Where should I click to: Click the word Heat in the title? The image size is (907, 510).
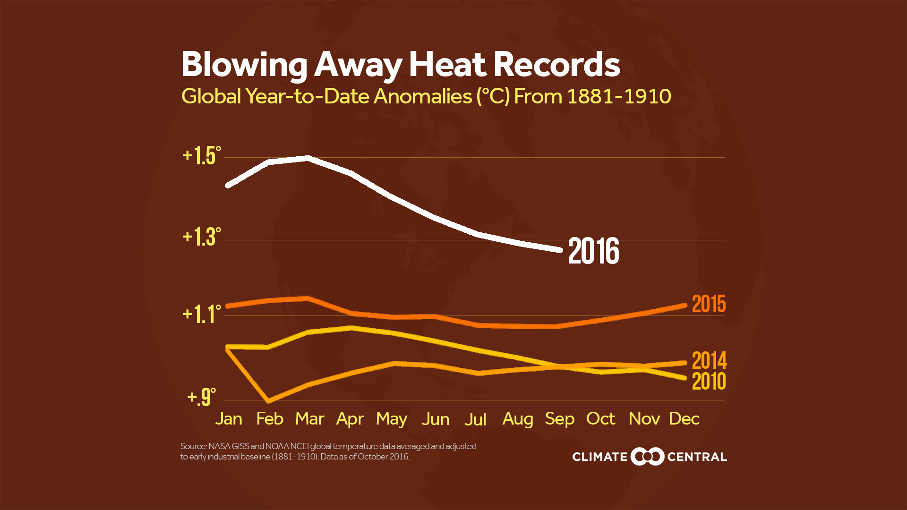pos(447,65)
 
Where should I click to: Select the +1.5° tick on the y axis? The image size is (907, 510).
pos(202,156)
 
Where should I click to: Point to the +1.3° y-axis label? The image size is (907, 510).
pos(202,237)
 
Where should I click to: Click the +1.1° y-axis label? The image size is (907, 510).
pos(202,314)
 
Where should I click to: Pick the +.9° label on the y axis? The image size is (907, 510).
pos(202,397)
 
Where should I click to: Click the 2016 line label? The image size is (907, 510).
pos(593,251)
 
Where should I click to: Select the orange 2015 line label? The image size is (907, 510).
pos(709,304)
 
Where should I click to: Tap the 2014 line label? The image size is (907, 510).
pos(709,361)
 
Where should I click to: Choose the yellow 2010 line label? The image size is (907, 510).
pos(709,382)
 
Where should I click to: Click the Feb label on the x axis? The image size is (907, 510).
pos(269,419)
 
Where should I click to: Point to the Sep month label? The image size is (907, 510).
pos(559,419)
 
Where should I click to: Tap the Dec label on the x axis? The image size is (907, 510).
pos(684,419)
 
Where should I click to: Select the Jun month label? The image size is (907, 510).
pos(435,419)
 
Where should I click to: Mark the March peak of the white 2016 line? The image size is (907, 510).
pos(308,158)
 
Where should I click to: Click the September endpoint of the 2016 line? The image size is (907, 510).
pos(560,250)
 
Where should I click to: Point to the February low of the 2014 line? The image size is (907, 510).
pos(269,401)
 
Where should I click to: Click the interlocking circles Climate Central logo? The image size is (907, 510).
pos(647,456)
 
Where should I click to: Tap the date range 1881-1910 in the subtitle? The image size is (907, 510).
pos(619,96)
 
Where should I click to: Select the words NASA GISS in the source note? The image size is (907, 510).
pos(229,446)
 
